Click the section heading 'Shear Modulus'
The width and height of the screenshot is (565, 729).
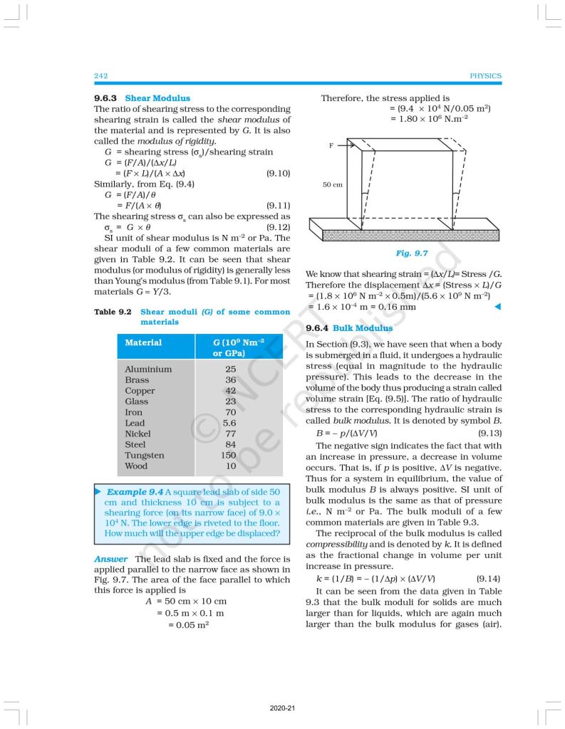pyautogui.click(x=157, y=98)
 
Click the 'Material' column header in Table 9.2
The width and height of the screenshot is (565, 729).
pyautogui.click(x=143, y=342)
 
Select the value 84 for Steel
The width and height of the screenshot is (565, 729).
pyautogui.click(x=229, y=444)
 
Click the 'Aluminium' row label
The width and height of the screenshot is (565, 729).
pyautogui.click(x=148, y=369)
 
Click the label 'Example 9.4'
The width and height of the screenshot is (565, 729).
pyautogui.click(x=135, y=492)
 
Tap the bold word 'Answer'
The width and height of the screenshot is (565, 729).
pyautogui.click(x=111, y=559)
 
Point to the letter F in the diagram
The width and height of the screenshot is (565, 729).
pyautogui.click(x=331, y=145)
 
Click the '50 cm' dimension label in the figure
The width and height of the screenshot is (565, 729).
pyautogui.click(x=332, y=184)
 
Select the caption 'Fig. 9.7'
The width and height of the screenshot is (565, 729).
pyautogui.click(x=413, y=253)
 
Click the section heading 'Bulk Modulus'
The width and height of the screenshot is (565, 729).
pyautogui.click(x=363, y=328)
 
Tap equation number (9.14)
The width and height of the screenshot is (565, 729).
pyautogui.click(x=488, y=579)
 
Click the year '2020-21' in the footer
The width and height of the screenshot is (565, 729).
pyautogui.click(x=282, y=709)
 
